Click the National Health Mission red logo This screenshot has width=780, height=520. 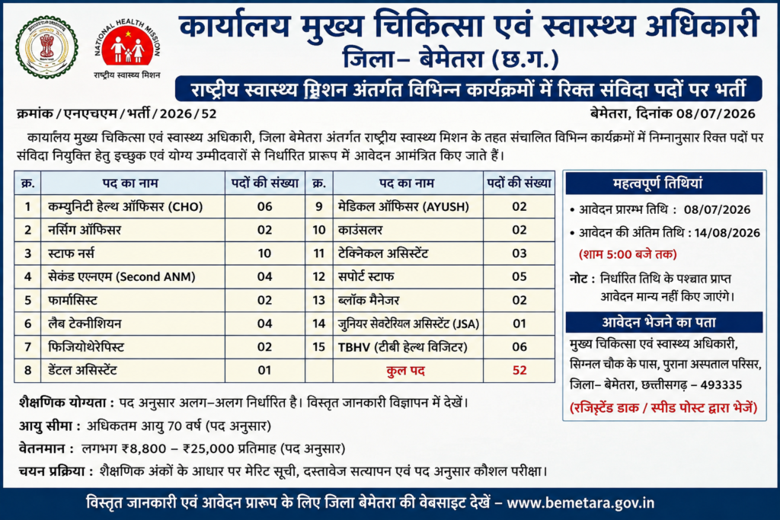128,46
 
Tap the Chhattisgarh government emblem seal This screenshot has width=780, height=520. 46,47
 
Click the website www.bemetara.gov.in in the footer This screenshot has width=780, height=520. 580,503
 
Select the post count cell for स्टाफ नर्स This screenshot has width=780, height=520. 264,254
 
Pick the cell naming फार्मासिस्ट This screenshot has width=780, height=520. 133,300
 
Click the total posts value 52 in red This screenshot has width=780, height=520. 519,370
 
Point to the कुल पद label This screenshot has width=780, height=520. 405,371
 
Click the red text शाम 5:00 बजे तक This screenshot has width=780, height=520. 628,254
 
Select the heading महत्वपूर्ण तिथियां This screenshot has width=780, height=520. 657,183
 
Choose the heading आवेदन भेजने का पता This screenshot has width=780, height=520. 659,323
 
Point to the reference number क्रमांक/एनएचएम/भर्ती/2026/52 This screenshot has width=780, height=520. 117,114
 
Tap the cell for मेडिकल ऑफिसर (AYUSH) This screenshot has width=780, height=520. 408,207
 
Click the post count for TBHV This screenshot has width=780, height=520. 519,347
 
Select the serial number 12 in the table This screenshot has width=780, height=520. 319,277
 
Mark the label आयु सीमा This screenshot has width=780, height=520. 50,426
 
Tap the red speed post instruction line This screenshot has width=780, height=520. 663,408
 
